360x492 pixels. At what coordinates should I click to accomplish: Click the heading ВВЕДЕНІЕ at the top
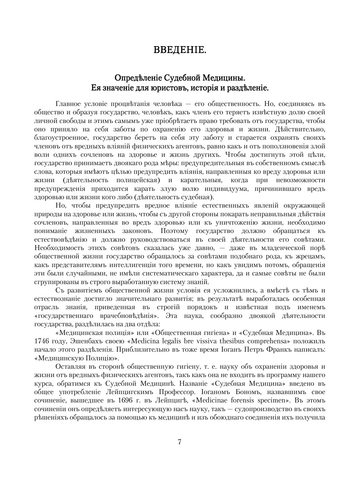coord(180,50)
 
